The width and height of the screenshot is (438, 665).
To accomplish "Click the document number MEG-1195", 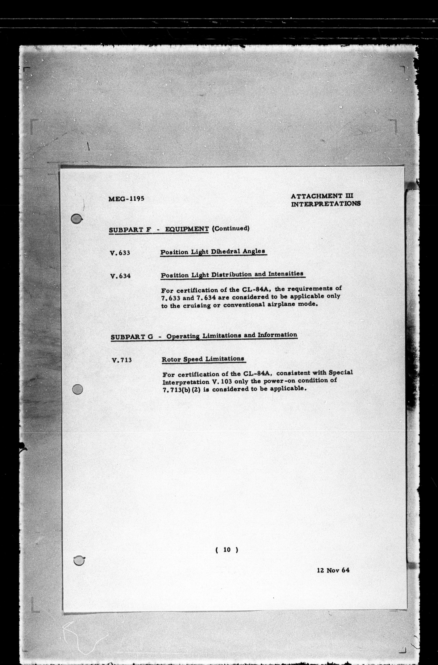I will coord(126,199).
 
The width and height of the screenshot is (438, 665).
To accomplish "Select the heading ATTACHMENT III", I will coord(322,196).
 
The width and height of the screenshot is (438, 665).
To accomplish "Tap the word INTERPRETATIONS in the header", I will coord(326,204).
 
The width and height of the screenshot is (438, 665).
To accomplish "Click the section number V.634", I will coord(120,276).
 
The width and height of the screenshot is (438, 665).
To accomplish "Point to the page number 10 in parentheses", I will coord(227,550).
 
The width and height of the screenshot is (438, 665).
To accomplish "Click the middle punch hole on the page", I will coord(77,389).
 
